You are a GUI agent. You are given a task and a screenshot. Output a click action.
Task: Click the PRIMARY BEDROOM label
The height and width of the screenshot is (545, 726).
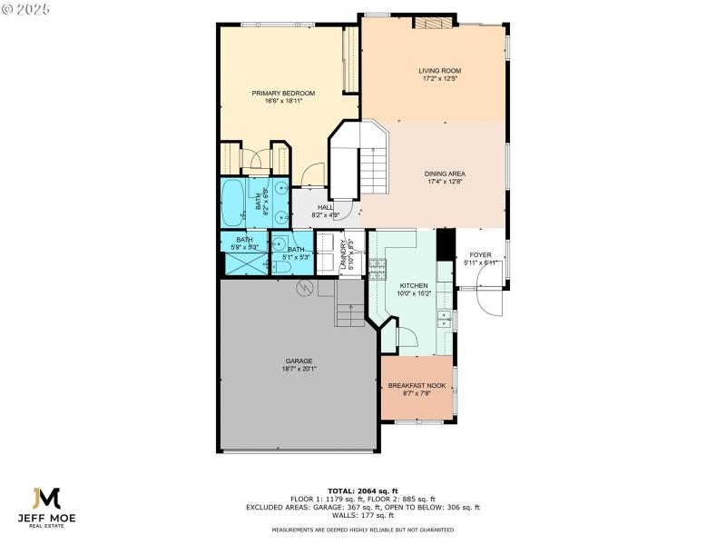283,94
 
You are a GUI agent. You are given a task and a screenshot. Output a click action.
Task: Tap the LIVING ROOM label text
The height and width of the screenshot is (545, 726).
440,71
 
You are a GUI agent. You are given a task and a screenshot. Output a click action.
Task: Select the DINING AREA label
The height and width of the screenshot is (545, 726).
445,173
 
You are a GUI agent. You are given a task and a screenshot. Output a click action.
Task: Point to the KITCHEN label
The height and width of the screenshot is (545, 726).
412,285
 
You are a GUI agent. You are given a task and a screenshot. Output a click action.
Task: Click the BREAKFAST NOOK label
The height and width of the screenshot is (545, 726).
416,386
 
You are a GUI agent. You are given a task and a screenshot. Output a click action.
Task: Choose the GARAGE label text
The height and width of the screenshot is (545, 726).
299,361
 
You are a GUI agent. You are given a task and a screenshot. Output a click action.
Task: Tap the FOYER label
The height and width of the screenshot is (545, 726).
480,255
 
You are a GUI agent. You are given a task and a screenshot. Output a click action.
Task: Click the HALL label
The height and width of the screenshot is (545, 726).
325,208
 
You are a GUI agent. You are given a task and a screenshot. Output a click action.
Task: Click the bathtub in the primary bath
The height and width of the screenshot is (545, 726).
233,203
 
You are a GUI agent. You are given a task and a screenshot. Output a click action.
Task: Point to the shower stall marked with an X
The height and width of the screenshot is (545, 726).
245,263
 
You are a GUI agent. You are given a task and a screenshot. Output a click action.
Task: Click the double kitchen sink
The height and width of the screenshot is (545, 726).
444,319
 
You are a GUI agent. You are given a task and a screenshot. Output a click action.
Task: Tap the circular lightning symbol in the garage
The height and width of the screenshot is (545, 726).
306,288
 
